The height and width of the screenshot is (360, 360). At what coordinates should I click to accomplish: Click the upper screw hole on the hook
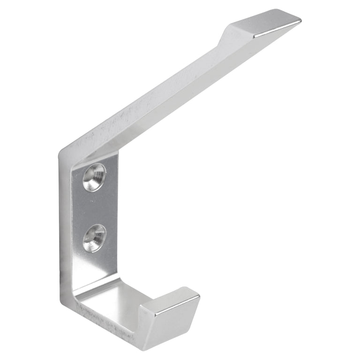click(94, 177)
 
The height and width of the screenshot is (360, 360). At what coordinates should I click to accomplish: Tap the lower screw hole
click(94, 237)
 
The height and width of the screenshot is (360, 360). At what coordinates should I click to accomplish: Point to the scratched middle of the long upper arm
click(155, 94)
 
